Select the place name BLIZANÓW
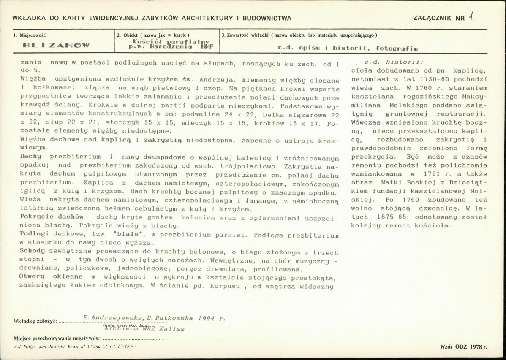tap(56, 45)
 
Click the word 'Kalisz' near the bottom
tap(171, 329)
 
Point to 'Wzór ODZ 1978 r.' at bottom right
tap(463, 346)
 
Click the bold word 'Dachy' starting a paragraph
tap(30, 156)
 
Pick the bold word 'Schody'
tap(31, 252)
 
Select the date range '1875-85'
tap(391, 216)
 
